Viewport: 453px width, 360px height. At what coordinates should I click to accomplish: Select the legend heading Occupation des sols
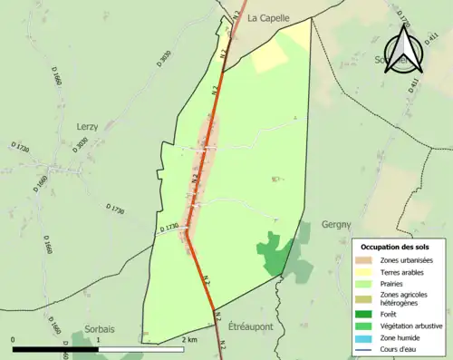[397, 247]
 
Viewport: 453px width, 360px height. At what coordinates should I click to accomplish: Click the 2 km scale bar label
[188, 339]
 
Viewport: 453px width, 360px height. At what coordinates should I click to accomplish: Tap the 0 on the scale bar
[14, 339]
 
